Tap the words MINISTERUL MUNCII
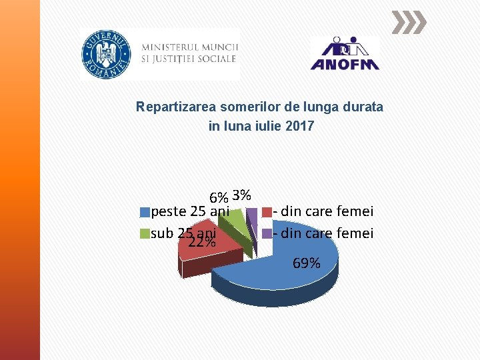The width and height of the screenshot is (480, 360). pyautogui.click(x=190, y=47)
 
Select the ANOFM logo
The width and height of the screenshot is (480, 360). pyautogui.click(x=345, y=53)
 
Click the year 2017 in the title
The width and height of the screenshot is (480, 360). pyautogui.click(x=300, y=125)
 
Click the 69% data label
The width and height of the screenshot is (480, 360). pyautogui.click(x=306, y=263)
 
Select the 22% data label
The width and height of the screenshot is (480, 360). pyautogui.click(x=201, y=243)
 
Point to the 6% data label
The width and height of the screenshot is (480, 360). pyautogui.click(x=219, y=198)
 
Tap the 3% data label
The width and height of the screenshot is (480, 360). pyautogui.click(x=242, y=195)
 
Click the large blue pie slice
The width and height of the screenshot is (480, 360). pyautogui.click(x=280, y=267)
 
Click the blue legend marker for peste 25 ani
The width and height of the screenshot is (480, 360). pyautogui.click(x=145, y=213)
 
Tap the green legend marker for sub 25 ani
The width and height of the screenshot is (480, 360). pyautogui.click(x=145, y=234)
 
